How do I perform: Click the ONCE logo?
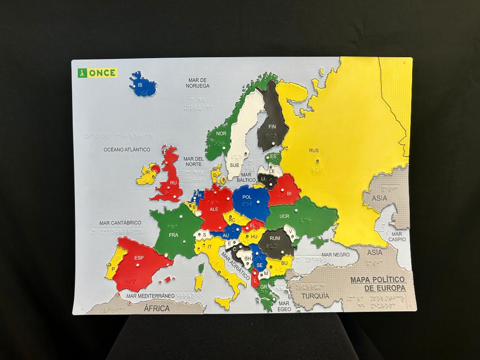[97, 73]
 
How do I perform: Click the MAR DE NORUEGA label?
[197, 83]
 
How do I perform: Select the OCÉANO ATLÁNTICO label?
[127, 150]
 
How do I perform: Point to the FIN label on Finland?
[272, 127]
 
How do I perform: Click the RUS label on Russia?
[314, 150]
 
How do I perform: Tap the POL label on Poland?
[247, 197]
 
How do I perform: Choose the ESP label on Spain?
[139, 258]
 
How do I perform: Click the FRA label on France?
[173, 235]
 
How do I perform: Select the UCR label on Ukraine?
[285, 217]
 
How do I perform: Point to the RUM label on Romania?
[275, 239]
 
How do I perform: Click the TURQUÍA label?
[315, 296]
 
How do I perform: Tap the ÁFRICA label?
[157, 308]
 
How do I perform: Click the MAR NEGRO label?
[336, 255]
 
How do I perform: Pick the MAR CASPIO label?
[397, 237]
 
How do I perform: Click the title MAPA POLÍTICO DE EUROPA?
[378, 284]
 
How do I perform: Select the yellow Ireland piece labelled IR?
[148, 173]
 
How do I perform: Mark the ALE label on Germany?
[214, 210]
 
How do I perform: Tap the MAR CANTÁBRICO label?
[120, 223]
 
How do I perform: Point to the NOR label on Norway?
[221, 134]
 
